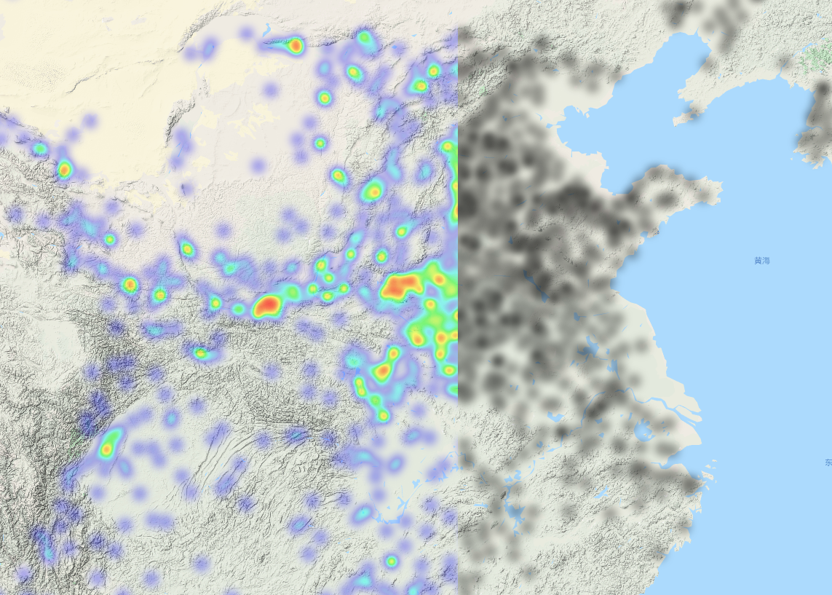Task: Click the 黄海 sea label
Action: click(761, 260)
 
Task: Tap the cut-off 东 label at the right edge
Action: click(828, 462)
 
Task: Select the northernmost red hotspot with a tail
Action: click(294, 46)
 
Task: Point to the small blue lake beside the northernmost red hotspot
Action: click(268, 31)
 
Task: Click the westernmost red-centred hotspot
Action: click(64, 170)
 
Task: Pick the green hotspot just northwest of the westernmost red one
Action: click(39, 149)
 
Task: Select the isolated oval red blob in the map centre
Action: click(267, 305)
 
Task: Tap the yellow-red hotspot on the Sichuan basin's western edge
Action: click(108, 444)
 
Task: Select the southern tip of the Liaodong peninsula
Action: click(677, 119)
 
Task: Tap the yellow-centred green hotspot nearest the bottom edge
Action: click(391, 561)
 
